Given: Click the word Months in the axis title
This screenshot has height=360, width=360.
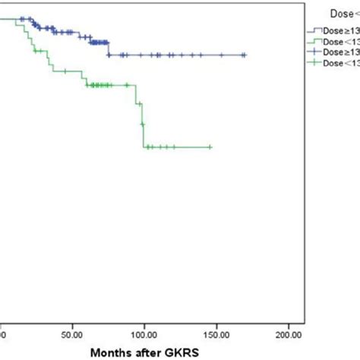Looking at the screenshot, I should [x=109, y=352].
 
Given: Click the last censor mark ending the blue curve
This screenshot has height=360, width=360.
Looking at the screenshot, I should [x=244, y=55].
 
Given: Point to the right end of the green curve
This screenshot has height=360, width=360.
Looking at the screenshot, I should [x=210, y=147].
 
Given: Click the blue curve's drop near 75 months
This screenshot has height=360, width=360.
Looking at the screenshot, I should [x=109, y=49].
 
